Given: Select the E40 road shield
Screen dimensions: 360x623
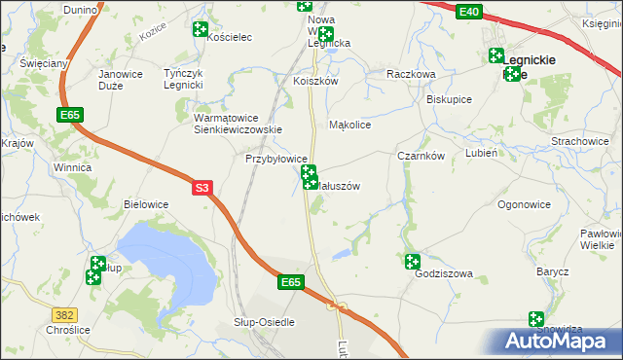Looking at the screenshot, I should (x=468, y=11).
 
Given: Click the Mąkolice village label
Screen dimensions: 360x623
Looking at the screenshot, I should (x=351, y=126).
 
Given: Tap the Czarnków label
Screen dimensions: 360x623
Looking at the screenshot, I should (x=421, y=156).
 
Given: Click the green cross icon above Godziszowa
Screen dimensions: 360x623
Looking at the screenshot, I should (x=413, y=261).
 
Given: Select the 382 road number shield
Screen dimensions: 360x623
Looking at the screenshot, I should (x=65, y=315).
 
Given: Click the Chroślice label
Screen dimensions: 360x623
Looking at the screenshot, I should (x=35, y=328).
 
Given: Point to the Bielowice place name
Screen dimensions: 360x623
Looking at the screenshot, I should (x=147, y=204).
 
